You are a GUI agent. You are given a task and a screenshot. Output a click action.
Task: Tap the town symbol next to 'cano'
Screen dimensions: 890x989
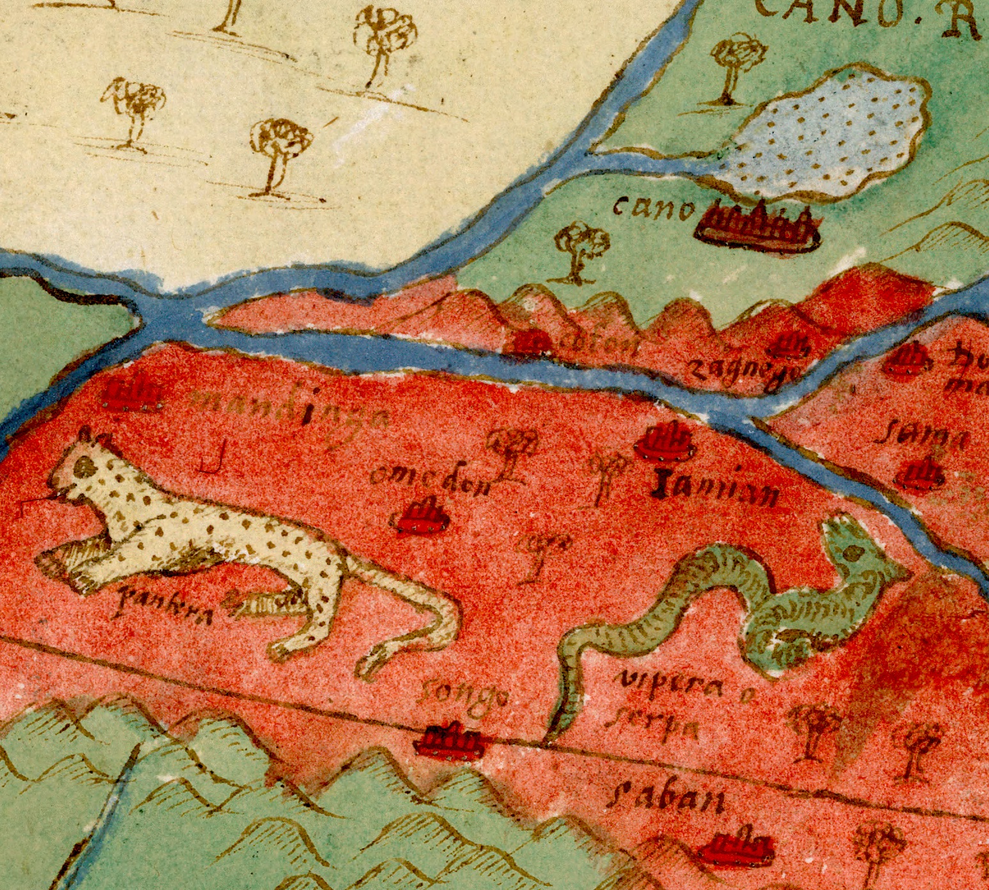pos(758,226)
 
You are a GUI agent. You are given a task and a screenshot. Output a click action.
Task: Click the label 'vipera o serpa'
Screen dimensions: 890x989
pos(665,707)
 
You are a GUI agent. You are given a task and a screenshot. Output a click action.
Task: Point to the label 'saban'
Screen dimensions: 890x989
pos(665,799)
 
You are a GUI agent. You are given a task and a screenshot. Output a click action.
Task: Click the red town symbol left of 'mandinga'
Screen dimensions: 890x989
pos(131,396)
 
